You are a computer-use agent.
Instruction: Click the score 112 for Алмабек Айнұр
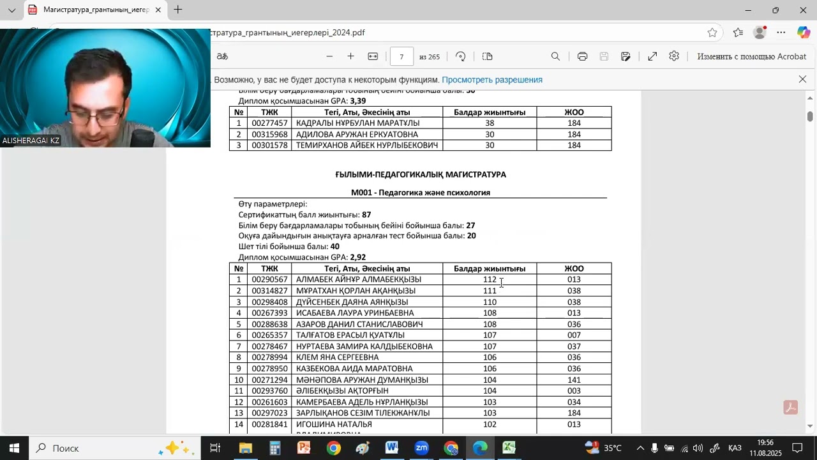490,280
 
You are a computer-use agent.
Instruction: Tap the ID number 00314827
269,291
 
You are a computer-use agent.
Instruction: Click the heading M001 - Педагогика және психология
420,192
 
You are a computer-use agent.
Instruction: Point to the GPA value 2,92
357,257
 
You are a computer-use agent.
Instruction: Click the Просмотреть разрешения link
491,80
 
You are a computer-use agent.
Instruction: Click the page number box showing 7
401,57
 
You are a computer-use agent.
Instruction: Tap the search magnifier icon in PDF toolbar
555,57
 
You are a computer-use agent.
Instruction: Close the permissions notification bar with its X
802,79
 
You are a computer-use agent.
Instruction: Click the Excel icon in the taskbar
509,448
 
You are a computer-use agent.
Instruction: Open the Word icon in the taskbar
392,448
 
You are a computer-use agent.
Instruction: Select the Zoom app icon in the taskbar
421,448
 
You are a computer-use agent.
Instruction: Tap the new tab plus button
178,10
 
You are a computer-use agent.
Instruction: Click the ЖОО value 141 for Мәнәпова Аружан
574,380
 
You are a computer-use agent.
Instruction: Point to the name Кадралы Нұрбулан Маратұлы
357,123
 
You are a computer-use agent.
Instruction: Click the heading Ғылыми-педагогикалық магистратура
420,174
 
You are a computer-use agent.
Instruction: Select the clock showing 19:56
765,443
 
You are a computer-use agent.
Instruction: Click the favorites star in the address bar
712,33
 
